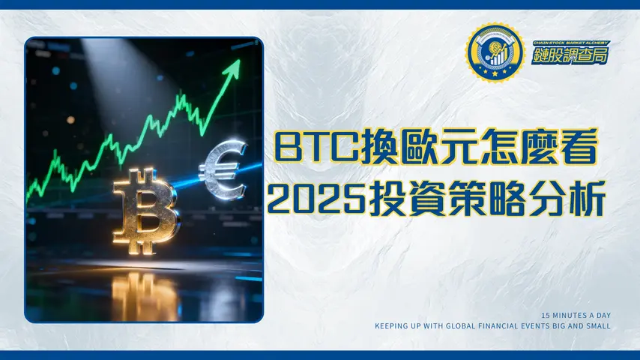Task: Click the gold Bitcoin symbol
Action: [147, 211]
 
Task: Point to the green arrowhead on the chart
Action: [233, 70]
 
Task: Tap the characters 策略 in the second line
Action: [488, 196]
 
